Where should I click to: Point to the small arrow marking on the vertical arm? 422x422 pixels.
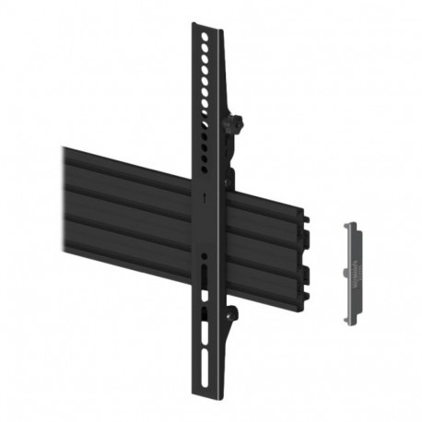tap(205, 194)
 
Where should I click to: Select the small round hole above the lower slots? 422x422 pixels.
tap(205, 255)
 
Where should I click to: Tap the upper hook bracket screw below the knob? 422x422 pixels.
tap(229, 170)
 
